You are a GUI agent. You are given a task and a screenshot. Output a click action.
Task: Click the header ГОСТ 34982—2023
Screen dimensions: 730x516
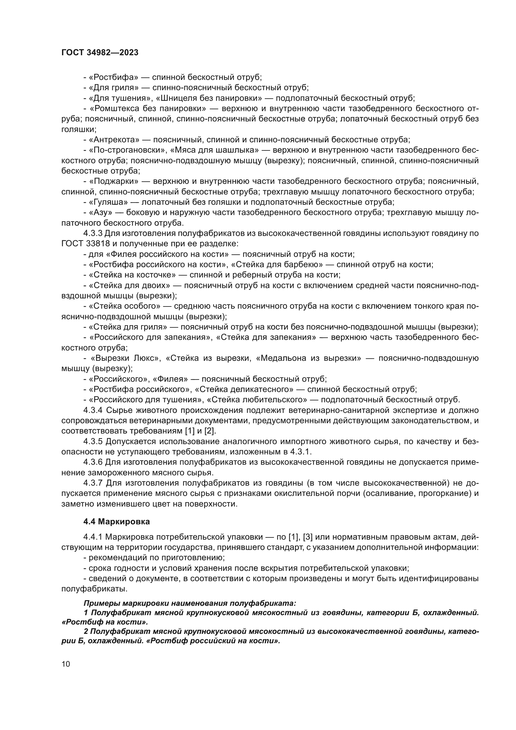click(x=100, y=53)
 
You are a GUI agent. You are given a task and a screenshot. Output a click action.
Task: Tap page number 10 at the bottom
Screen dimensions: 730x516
click(x=66, y=664)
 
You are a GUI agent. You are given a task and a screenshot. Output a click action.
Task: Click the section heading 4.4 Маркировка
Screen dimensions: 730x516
click(x=116, y=522)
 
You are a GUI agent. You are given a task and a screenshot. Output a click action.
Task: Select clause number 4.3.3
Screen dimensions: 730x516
click(x=93, y=233)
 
